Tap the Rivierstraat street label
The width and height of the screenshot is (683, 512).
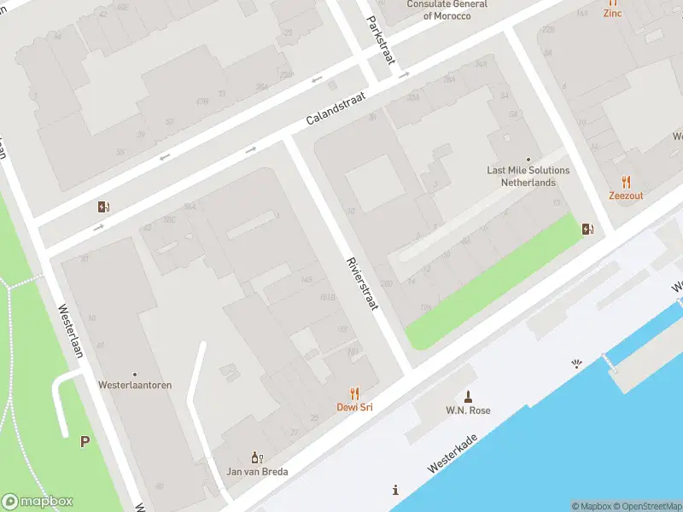[361, 283]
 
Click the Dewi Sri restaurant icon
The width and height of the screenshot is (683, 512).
[354, 393]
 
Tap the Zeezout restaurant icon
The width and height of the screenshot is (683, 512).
[626, 182]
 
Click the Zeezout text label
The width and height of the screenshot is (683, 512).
[626, 195]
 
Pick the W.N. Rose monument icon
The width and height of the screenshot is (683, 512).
[468, 397]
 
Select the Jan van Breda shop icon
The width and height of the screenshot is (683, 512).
[256, 458]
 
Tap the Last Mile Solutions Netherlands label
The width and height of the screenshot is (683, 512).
[528, 176]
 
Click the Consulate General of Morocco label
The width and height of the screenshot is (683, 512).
[447, 10]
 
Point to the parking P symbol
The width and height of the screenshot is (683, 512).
[85, 441]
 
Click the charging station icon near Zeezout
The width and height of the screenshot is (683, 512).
[587, 228]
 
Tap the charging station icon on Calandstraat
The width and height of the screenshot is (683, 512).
[104, 207]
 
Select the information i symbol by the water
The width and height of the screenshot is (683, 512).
[395, 490]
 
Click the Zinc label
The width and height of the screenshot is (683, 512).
[612, 13]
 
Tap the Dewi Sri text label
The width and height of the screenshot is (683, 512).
[354, 407]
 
